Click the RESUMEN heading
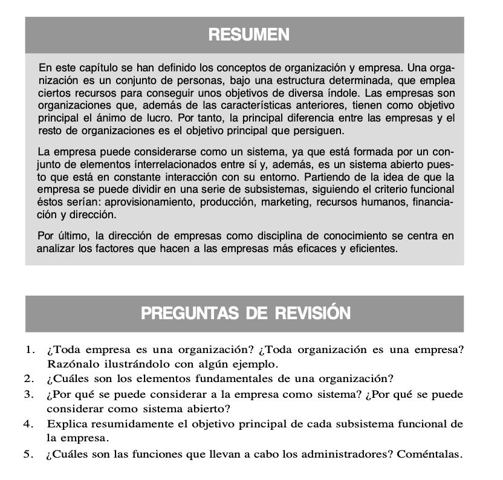click(248, 35)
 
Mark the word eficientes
click(371, 248)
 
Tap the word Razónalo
click(71, 364)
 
